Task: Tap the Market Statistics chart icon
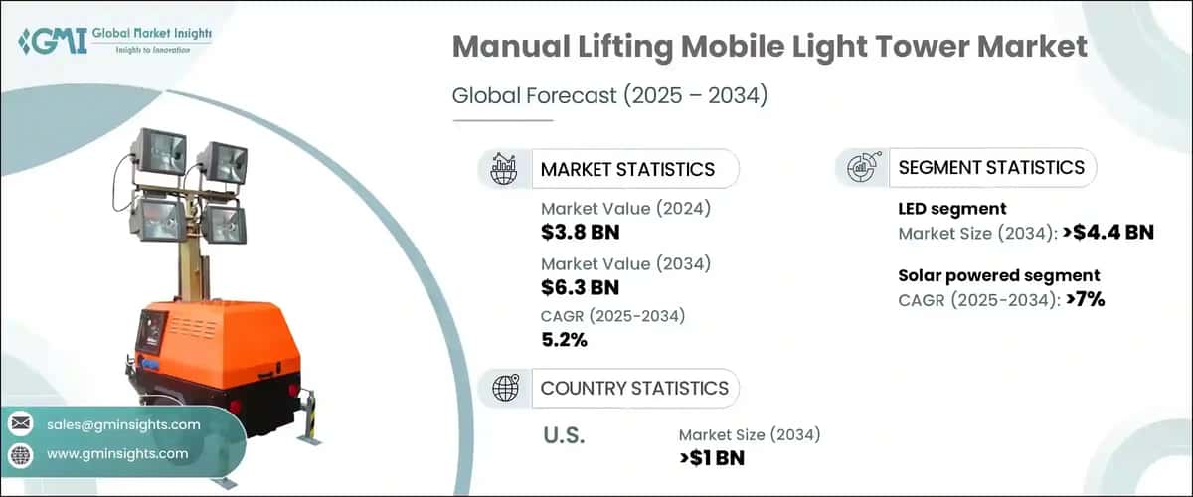(504, 169)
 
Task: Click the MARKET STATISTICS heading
(627, 169)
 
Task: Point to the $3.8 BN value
(580, 231)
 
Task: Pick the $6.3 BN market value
(580, 288)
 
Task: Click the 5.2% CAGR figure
(564, 340)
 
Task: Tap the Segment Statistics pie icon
(861, 168)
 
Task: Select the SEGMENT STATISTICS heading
(991, 168)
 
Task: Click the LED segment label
(952, 209)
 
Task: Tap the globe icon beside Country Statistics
(504, 388)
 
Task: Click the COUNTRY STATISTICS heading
(634, 388)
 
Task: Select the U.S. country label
(565, 435)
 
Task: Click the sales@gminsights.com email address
(123, 424)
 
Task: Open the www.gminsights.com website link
(117, 454)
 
